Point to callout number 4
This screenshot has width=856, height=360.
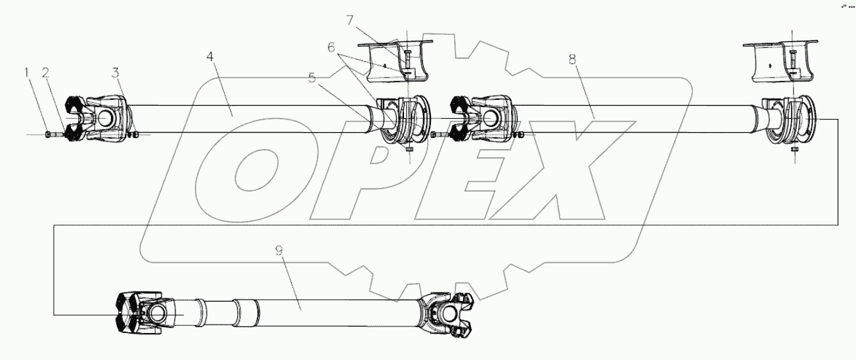(210, 58)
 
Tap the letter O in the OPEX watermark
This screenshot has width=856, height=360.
(246, 172)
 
